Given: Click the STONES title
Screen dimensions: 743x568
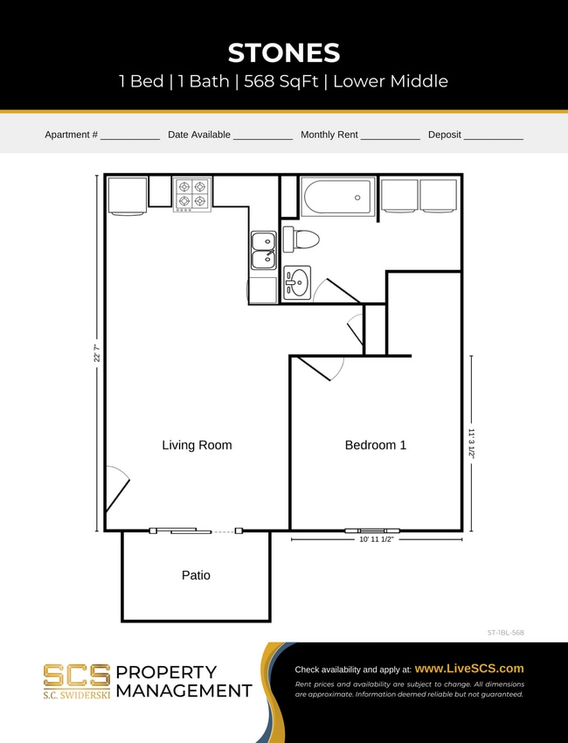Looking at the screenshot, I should coord(283,52).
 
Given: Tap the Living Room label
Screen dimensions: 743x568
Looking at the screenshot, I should coord(197,445).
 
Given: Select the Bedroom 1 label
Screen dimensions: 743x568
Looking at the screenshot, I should coord(376,445).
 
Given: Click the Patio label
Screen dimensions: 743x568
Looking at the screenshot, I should coord(196,575).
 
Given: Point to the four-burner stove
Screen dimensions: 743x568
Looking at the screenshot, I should coord(192,193).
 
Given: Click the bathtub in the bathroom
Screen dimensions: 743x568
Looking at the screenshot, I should coord(338,197).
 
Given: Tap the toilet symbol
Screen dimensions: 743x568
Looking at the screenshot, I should coord(301,239).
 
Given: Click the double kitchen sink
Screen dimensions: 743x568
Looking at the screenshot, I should coord(263,250).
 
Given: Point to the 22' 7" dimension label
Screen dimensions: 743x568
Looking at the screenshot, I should coord(97,353).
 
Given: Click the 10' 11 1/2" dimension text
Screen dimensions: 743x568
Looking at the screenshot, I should coord(376,540).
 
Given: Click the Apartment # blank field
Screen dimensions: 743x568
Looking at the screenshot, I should coord(130,136).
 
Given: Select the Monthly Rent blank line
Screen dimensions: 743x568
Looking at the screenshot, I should coord(391,136).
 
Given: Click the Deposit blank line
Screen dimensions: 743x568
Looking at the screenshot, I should coord(494,136).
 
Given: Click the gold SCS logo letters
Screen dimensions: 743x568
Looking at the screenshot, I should coord(77,675).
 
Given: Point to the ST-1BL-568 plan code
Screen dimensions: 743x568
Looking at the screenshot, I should coord(506,631).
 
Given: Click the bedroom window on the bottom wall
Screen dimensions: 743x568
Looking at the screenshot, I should coord(371,530).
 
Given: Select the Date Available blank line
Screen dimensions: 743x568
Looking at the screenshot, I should coord(263,136).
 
